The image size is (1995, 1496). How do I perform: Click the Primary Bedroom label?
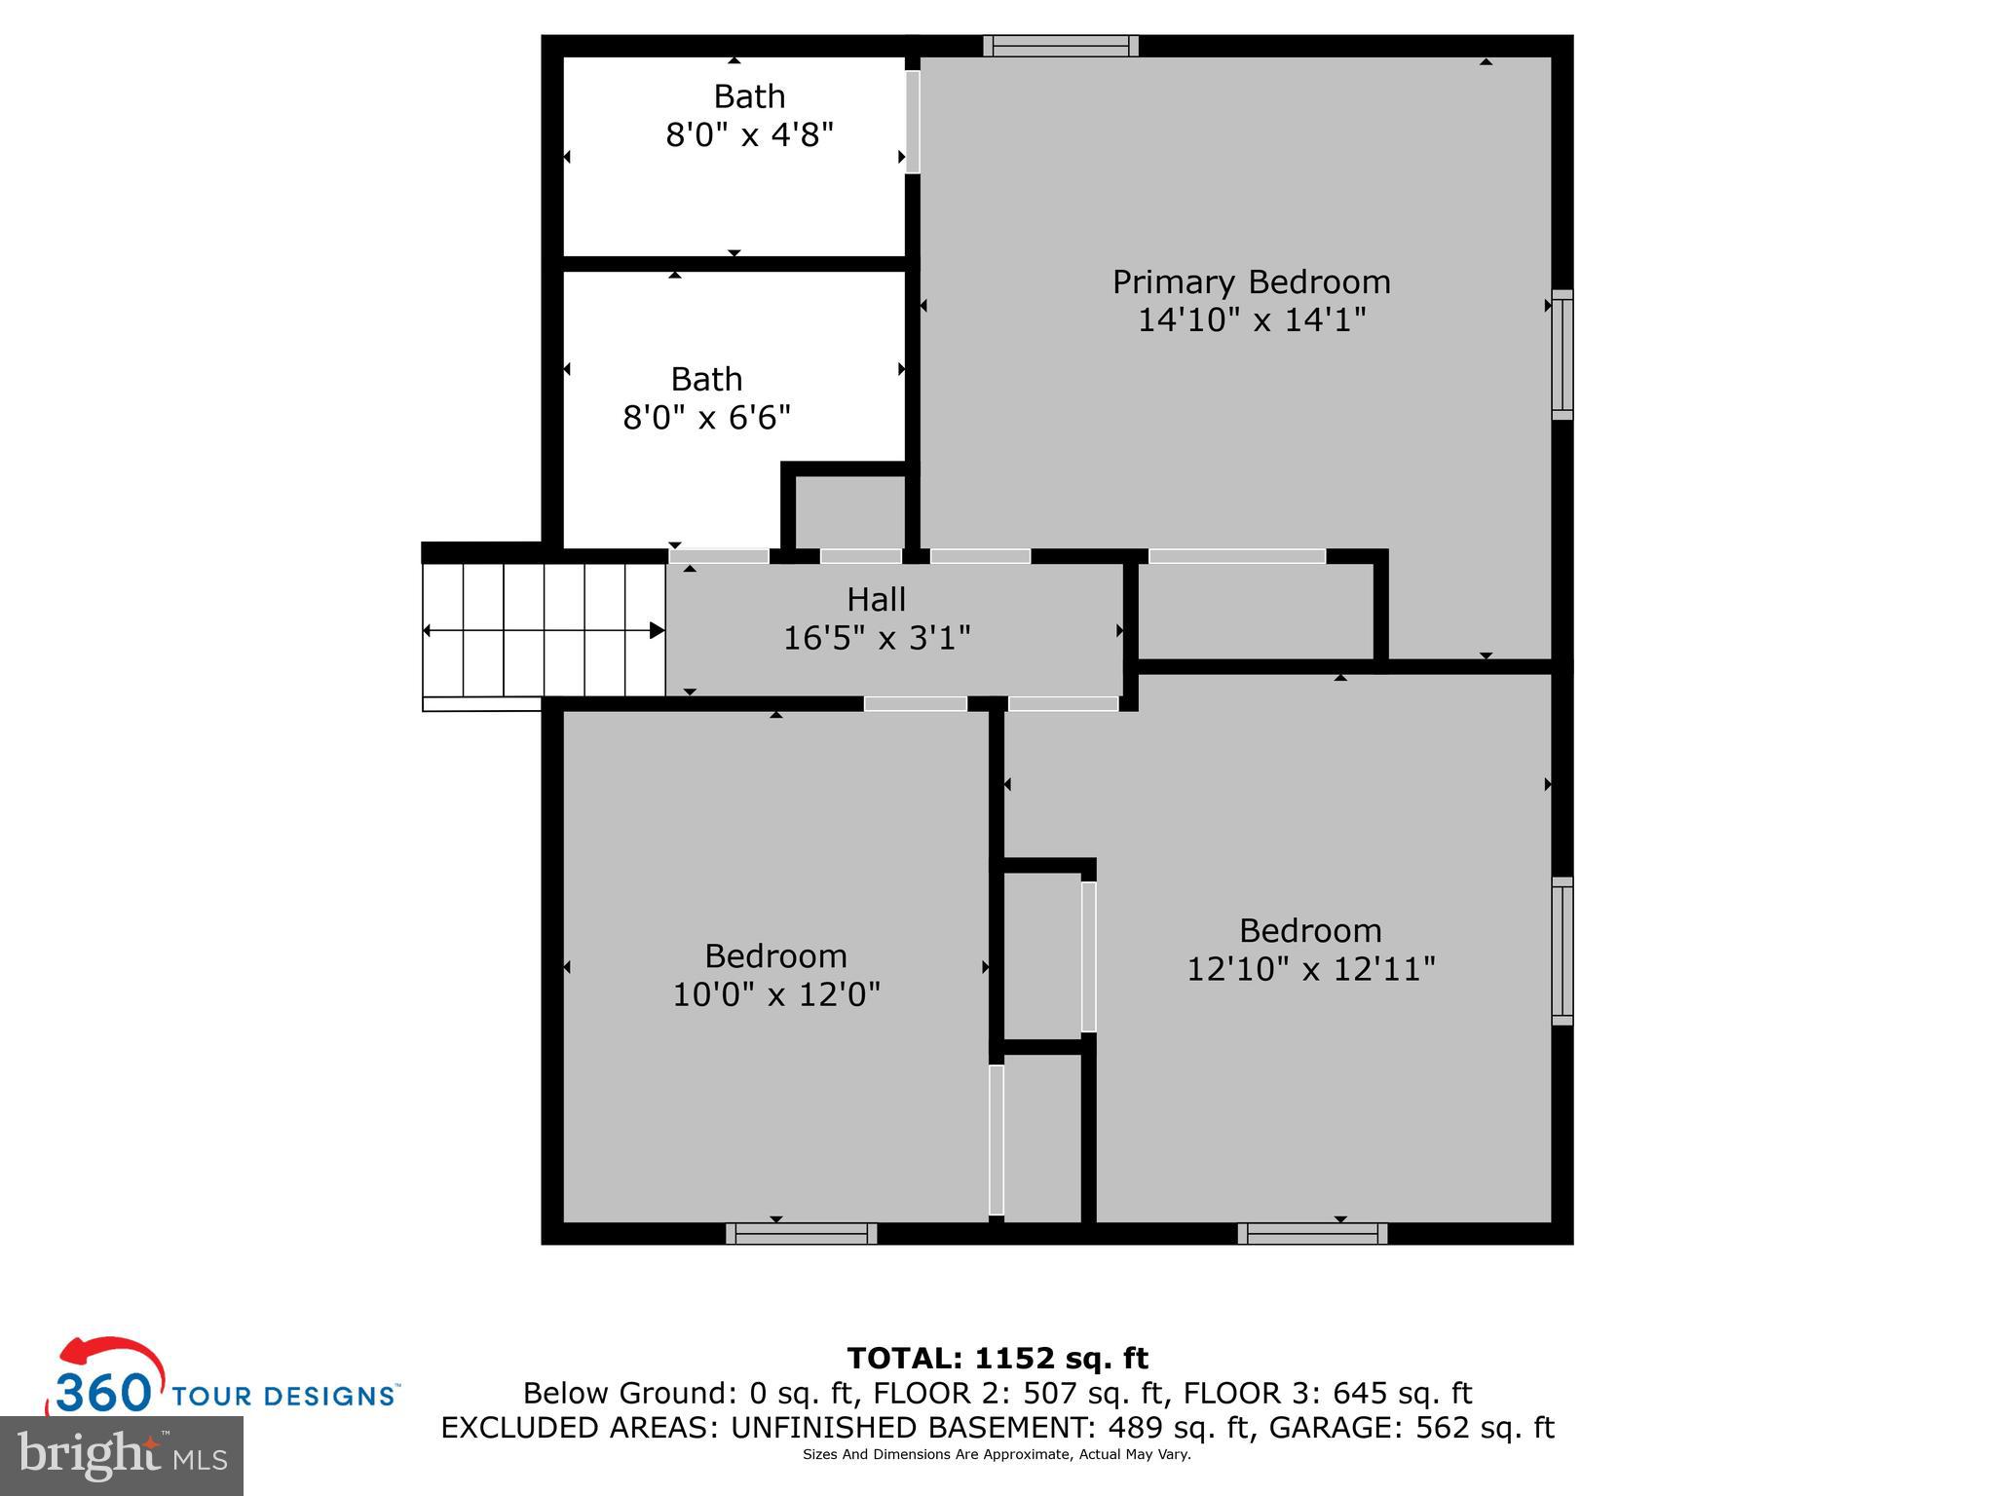pyautogui.click(x=1252, y=282)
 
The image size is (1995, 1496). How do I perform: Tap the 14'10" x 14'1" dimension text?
pyautogui.click(x=1252, y=319)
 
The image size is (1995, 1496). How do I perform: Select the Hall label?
pyautogui.click(x=877, y=599)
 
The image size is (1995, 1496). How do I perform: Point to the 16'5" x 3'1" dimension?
pyautogui.click(x=877, y=638)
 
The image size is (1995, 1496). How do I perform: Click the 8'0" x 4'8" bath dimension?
pyautogui.click(x=750, y=135)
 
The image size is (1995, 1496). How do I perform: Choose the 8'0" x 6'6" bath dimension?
pyautogui.click(x=707, y=418)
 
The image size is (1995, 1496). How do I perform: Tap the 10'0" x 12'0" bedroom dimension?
pyautogui.click(x=776, y=994)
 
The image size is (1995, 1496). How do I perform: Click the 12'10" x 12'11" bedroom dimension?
pyautogui.click(x=1311, y=969)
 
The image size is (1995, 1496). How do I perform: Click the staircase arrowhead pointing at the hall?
pyautogui.click(x=658, y=630)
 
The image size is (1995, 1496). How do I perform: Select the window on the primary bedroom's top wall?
pyautogui.click(x=1061, y=46)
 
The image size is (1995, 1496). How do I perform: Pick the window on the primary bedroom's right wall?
pyautogui.click(x=1562, y=355)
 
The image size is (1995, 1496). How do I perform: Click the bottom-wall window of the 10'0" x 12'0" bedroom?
pyautogui.click(x=802, y=1234)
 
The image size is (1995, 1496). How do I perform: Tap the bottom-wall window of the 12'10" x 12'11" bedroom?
pyautogui.click(x=1313, y=1234)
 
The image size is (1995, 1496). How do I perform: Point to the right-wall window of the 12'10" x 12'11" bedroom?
pyautogui.click(x=1562, y=952)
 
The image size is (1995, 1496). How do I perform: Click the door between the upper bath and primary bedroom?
pyautogui.click(x=913, y=122)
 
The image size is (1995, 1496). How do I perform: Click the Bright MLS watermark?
pyautogui.click(x=122, y=1456)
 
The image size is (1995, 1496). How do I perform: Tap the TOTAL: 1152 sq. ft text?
pyautogui.click(x=997, y=1358)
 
